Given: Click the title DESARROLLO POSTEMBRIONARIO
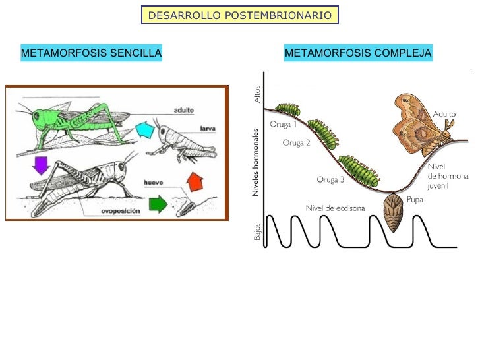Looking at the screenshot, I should tap(240, 15).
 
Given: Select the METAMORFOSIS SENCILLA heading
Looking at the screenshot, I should tap(92, 53).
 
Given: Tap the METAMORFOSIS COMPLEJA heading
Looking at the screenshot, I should tap(358, 53).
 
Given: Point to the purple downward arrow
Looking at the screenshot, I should tap(42, 164).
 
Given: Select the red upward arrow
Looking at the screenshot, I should tap(194, 179).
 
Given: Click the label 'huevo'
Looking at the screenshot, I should tap(155, 181).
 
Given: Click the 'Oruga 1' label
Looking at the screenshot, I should tap(284, 123).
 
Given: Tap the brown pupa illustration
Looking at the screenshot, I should tap(394, 212).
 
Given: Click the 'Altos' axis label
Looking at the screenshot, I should tap(257, 94).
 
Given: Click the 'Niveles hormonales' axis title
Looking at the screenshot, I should tap(256, 162).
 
